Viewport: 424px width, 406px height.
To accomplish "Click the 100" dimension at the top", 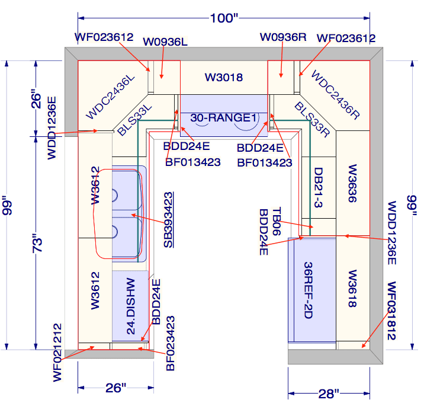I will click(x=223, y=18).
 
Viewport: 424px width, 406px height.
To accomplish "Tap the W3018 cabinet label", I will click(x=224, y=77).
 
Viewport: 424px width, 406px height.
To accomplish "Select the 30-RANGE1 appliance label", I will click(x=224, y=119).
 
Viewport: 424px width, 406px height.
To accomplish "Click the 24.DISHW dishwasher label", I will click(x=131, y=306).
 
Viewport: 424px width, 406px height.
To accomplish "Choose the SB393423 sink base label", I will click(x=169, y=219).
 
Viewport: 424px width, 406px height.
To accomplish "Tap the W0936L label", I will click(x=165, y=43).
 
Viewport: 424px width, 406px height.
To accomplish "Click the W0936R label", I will click(x=283, y=37).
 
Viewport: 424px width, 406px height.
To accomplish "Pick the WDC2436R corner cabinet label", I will click(x=336, y=94).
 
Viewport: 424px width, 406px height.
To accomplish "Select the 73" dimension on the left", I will click(x=37, y=242).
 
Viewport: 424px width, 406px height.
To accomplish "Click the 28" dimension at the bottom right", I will click(x=327, y=392).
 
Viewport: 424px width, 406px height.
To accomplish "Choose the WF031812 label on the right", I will click(x=391, y=311).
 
